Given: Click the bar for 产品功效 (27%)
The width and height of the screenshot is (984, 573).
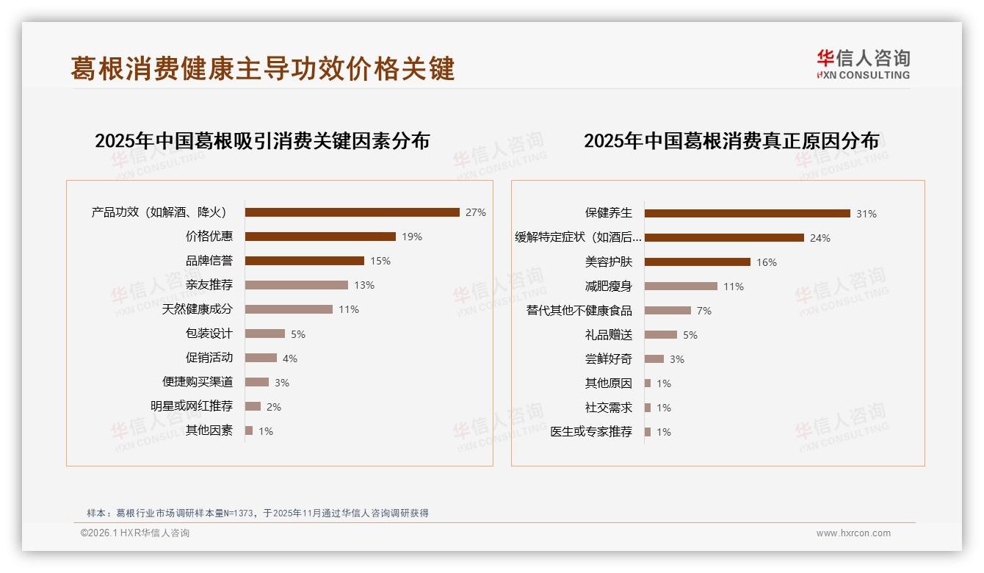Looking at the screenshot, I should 352,212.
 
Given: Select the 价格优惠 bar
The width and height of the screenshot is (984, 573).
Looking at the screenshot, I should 320,237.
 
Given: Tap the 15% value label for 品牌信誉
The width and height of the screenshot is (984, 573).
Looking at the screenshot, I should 380,261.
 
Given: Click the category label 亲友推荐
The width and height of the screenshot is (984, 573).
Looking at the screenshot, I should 209,285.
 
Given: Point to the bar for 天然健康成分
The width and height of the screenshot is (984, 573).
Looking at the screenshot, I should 289,309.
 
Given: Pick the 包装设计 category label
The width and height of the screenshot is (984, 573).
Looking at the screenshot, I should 209,334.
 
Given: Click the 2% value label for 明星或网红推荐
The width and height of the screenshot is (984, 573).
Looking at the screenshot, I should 274,406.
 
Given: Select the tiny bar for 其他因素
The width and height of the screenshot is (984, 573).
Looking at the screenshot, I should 249,430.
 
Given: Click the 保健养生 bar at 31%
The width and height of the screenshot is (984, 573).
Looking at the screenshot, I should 747,213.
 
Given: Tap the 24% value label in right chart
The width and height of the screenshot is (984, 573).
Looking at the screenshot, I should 820,238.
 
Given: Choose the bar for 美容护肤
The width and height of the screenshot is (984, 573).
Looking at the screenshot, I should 697,262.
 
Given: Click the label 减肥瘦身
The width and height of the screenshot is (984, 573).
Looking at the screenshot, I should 608,286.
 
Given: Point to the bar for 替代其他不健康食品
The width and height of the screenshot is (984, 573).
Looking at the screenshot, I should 668,310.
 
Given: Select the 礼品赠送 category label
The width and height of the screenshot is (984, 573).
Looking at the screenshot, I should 608,335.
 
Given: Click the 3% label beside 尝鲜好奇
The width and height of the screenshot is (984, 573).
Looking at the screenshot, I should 676,359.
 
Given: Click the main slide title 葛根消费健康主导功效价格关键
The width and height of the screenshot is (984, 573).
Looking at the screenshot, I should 263,68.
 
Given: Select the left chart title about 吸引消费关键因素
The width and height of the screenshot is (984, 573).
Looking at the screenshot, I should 262,140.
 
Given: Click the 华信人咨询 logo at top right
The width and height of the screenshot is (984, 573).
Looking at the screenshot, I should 863,65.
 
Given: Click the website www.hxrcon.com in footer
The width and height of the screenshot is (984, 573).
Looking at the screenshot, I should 853,533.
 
